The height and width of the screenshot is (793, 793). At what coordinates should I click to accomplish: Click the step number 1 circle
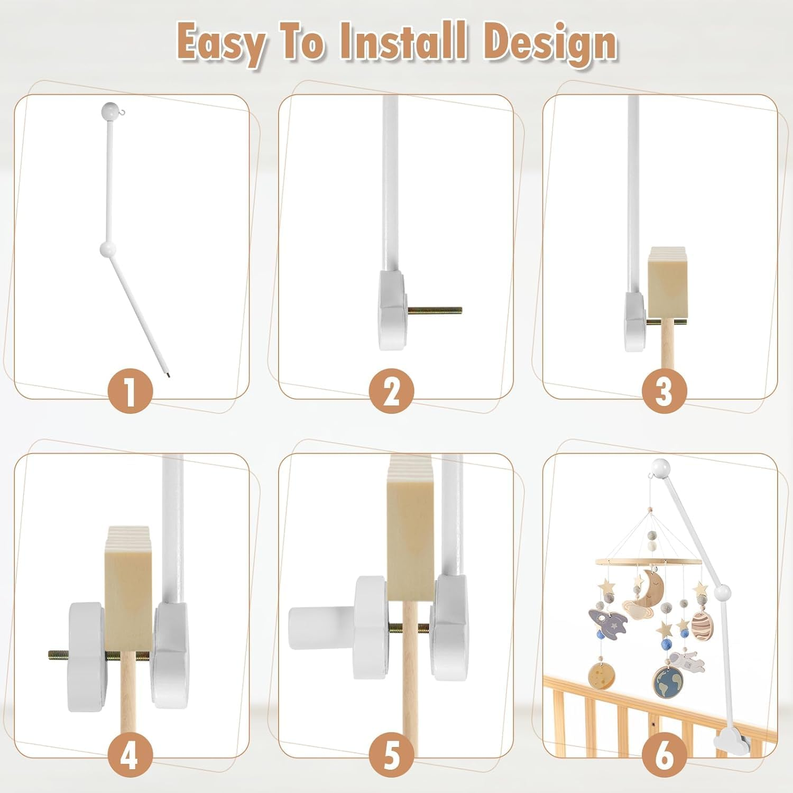click(x=130, y=392)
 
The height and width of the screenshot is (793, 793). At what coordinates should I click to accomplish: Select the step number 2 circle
click(x=392, y=392)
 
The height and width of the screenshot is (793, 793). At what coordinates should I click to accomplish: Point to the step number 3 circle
click(x=664, y=392)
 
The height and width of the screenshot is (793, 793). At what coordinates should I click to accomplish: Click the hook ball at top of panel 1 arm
click(x=109, y=111)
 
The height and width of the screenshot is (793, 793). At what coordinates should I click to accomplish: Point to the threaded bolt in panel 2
click(x=435, y=310)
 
